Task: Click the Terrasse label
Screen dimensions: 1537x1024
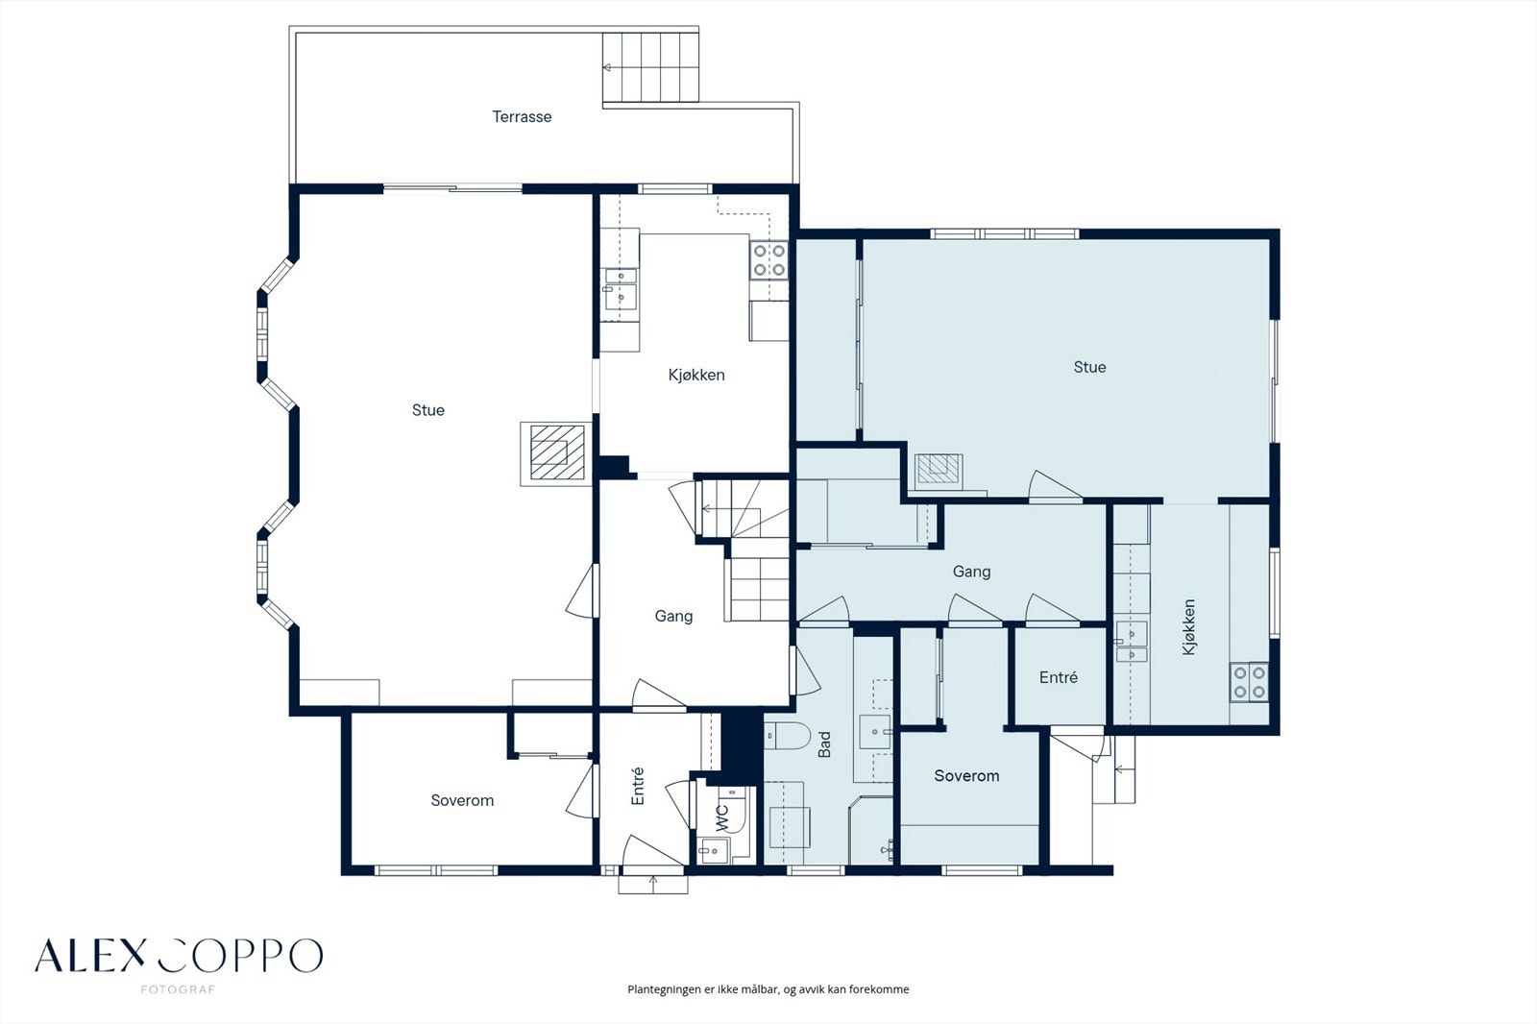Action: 522,116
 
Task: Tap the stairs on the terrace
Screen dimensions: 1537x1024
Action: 650,67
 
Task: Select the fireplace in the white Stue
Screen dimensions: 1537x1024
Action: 556,453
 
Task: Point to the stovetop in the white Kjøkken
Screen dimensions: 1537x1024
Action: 768,261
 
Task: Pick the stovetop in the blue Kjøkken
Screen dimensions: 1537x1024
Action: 1249,681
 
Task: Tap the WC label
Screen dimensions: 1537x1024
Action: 721,818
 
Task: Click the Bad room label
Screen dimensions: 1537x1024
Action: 824,744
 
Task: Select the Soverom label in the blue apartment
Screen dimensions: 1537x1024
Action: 966,775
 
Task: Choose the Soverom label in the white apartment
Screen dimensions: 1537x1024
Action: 462,800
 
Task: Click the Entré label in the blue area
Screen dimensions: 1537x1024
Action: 1058,677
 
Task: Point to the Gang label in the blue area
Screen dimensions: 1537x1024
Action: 971,572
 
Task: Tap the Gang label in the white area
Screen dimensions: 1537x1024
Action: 673,617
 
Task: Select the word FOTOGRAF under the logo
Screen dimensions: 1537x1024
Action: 178,989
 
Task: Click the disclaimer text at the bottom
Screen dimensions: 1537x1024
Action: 768,989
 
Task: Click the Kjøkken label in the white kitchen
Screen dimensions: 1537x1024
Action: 695,375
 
